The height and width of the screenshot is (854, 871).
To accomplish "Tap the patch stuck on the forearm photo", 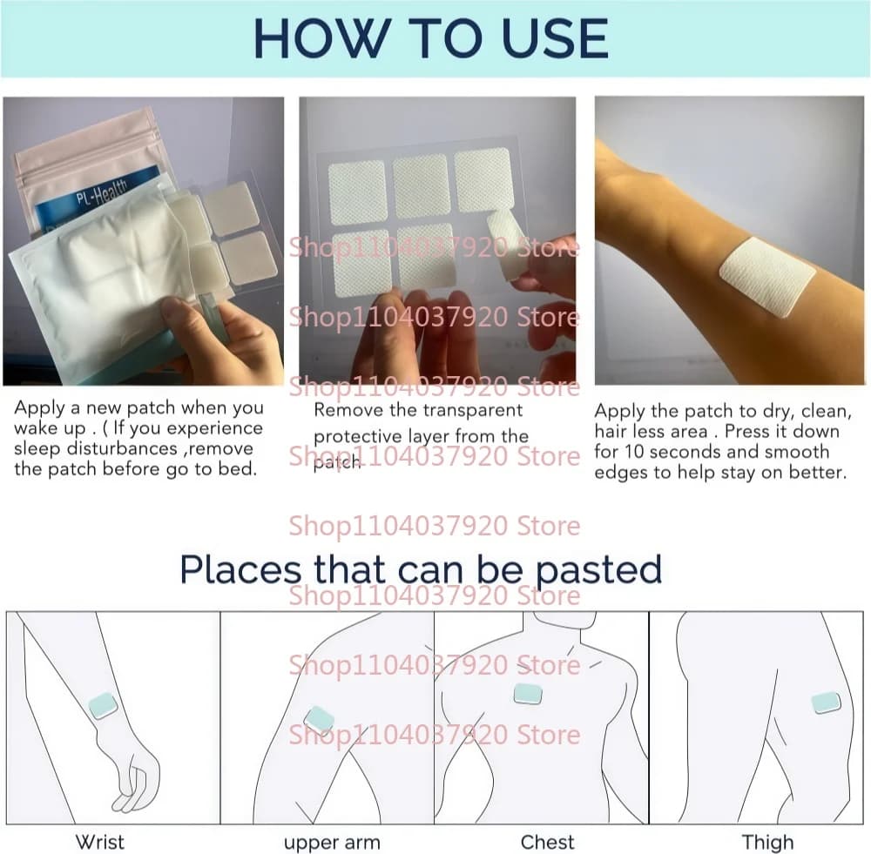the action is pos(767,277).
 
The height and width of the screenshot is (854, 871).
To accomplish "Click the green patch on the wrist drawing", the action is pos(104,706).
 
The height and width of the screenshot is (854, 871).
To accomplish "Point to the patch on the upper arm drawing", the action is pos(318,720).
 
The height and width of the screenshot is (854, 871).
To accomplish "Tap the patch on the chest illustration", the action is pos(528,694).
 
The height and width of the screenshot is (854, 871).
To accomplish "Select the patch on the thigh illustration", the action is pos(826,703).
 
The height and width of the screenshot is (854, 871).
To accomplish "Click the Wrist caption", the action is pos(99,842).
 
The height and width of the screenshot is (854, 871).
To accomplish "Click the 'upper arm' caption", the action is pos(332,843).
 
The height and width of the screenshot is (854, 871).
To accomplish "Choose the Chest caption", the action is pos(548,842).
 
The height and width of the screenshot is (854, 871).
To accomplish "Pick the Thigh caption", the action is pos(767,843).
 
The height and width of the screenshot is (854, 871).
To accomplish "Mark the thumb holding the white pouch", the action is pos(179,312).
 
